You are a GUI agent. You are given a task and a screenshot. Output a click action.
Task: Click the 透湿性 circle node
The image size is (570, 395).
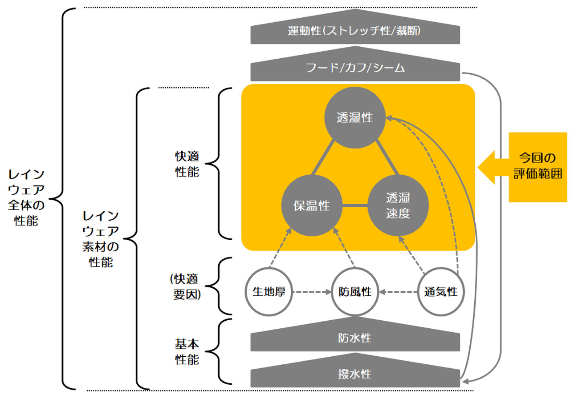[x=354, y=118]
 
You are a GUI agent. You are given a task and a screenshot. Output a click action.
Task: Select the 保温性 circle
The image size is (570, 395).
[x=311, y=206]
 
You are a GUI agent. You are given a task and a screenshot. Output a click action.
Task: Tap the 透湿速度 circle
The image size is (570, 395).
[x=398, y=206]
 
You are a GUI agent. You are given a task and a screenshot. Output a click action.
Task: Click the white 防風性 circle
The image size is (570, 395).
[x=354, y=292]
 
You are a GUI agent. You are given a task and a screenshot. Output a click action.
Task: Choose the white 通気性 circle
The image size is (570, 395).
[x=441, y=292]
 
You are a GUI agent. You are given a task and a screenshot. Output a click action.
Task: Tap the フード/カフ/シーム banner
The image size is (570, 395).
[x=354, y=69]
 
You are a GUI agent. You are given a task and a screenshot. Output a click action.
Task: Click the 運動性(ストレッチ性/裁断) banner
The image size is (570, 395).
[x=354, y=32]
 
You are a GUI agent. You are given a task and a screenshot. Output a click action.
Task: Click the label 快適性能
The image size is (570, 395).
[x=187, y=165]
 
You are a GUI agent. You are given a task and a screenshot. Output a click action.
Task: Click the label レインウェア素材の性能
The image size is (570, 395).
[x=101, y=239]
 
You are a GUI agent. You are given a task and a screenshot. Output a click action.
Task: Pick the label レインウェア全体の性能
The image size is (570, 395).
[x=26, y=197]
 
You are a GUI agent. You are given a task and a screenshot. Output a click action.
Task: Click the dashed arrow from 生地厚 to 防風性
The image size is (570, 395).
[x=311, y=292]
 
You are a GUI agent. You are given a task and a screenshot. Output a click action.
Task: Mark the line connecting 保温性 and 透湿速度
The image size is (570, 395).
[x=354, y=206]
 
